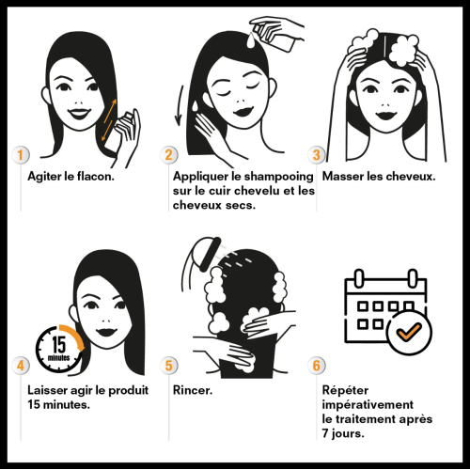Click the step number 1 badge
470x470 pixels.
click(21, 155)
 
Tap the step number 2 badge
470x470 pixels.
click(169, 155)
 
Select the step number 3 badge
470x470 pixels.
click(317, 155)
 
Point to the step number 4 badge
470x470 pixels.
click(21, 366)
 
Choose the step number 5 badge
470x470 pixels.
click(169, 366)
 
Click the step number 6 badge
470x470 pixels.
click(317, 366)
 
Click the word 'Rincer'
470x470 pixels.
click(191, 390)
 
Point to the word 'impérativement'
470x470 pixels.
click(368, 405)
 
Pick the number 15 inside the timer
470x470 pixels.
click(59, 344)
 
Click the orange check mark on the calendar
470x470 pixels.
click(409, 332)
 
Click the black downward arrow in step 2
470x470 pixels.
click(180, 105)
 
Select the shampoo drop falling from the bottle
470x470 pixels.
click(251, 39)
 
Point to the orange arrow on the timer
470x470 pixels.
click(73, 337)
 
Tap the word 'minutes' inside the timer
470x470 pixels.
click(58, 357)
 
